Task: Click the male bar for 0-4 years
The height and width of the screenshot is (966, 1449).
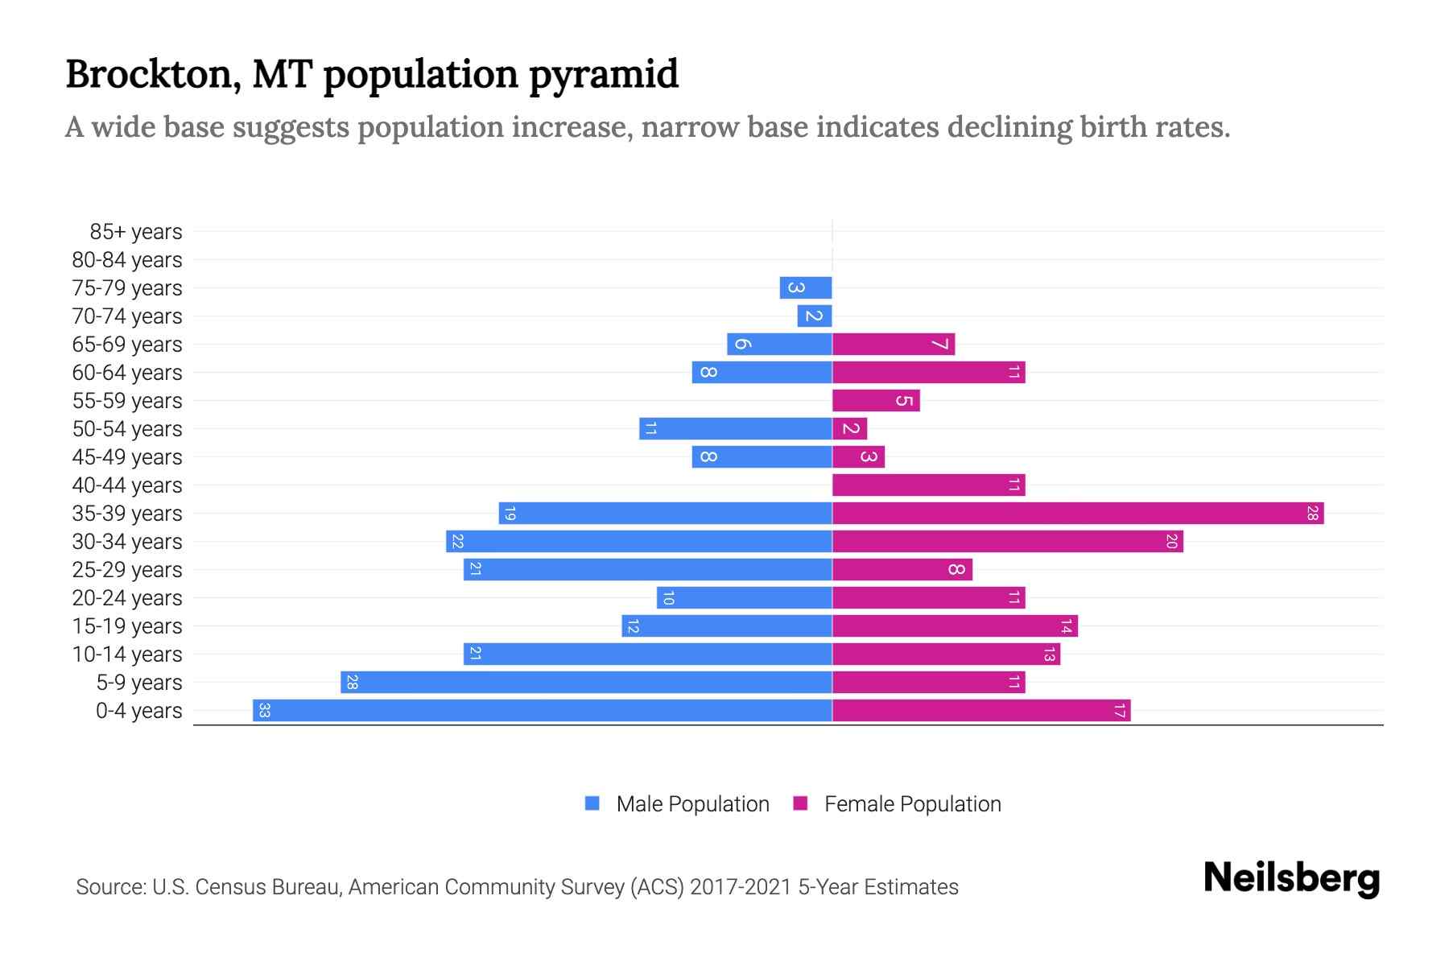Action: click(542, 711)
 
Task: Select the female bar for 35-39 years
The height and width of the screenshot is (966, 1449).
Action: click(1077, 514)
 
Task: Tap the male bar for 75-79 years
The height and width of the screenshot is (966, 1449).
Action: click(806, 288)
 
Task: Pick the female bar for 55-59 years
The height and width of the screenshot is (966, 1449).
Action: click(876, 401)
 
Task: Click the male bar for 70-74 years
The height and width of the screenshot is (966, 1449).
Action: click(815, 316)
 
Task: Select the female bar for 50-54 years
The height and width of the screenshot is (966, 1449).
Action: click(850, 429)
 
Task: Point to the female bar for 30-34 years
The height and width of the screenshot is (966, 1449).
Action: click(1007, 542)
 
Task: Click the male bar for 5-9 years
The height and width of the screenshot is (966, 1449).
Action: click(586, 683)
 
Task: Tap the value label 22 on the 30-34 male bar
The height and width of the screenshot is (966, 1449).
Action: click(457, 542)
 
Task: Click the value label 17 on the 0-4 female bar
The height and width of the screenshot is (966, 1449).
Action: click(1119, 711)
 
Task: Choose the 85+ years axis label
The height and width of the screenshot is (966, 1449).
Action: click(136, 232)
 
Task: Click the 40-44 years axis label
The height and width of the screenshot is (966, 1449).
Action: click(127, 485)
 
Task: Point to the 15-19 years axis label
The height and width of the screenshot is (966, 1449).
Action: click(127, 626)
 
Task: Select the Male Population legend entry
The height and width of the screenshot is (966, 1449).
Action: click(691, 804)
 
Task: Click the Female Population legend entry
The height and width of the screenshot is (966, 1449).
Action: click(912, 804)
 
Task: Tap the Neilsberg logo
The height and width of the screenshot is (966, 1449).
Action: click(1291, 878)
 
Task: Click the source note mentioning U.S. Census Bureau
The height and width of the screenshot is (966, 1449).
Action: click(517, 887)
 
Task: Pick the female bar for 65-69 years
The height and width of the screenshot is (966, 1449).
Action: click(894, 345)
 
